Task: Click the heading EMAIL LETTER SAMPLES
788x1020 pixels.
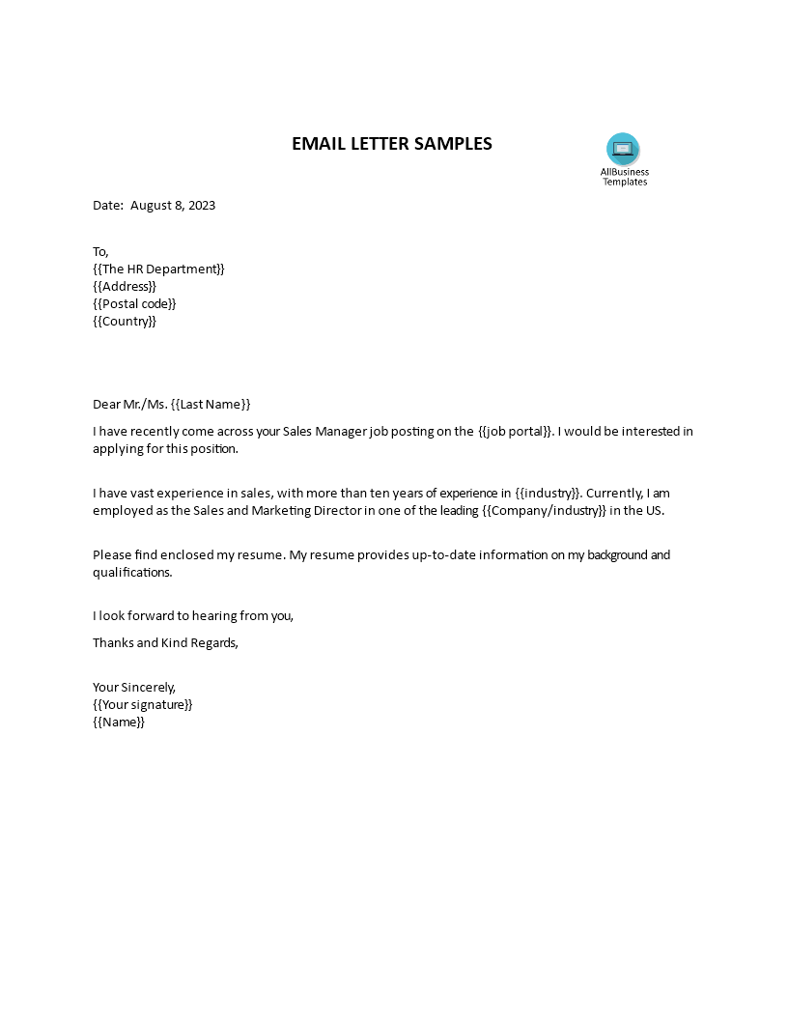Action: [392, 144]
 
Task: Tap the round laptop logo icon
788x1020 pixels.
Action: [623, 149]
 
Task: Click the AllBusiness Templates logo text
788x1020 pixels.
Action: [625, 177]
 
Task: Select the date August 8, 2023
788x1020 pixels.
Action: [173, 206]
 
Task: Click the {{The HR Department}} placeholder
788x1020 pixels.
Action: [158, 269]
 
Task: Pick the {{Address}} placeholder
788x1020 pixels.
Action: [125, 287]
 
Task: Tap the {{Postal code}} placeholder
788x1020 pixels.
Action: [134, 304]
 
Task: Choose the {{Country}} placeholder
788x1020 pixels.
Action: [125, 322]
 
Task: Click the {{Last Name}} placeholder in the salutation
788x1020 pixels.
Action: [211, 405]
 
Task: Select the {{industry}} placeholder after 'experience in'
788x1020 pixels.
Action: [547, 494]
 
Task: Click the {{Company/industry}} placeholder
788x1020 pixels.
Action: [544, 511]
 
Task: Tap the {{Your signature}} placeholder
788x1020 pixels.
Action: [143, 705]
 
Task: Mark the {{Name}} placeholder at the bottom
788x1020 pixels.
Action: [119, 722]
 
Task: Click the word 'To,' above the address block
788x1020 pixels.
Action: [101, 252]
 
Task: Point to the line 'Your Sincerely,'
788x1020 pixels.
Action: [134, 688]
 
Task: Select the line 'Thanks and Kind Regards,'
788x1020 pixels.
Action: [165, 643]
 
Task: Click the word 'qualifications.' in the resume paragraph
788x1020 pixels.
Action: [132, 573]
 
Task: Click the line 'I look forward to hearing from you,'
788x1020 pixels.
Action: [193, 616]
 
